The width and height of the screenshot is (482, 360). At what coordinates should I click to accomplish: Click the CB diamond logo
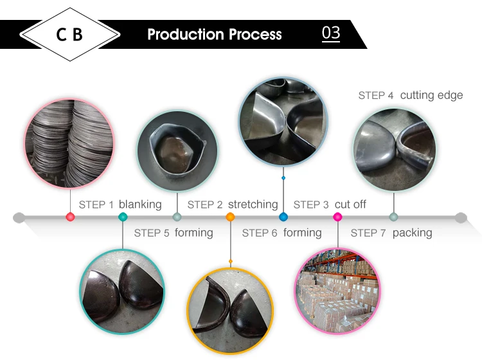click(x=69, y=34)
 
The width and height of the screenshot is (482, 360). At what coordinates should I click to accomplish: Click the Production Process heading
click(x=215, y=34)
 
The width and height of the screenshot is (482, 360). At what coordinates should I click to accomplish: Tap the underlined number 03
click(x=330, y=33)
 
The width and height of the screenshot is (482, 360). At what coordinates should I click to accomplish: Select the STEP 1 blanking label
click(x=120, y=204)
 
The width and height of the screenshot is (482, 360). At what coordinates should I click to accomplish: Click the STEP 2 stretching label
click(x=233, y=204)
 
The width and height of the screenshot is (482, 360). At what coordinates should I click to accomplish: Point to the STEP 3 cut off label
click(x=330, y=204)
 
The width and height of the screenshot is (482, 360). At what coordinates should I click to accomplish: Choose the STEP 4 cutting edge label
click(x=410, y=95)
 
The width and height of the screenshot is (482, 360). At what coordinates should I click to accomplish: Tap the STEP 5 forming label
click(x=174, y=233)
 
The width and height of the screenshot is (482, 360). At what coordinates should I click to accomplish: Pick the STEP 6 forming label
click(x=281, y=233)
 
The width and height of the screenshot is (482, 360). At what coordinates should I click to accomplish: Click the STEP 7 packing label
click(x=391, y=233)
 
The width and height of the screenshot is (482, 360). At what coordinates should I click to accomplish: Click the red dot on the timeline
click(x=70, y=217)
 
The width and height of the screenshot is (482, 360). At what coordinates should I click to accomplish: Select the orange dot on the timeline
click(x=230, y=217)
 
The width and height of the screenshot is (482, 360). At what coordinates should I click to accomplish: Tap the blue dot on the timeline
click(x=283, y=217)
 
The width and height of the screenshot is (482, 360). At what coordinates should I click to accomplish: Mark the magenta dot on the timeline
click(x=337, y=217)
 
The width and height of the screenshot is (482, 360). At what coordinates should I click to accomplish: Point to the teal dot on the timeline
click(x=123, y=217)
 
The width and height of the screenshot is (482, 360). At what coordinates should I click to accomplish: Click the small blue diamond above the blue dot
click(x=283, y=177)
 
